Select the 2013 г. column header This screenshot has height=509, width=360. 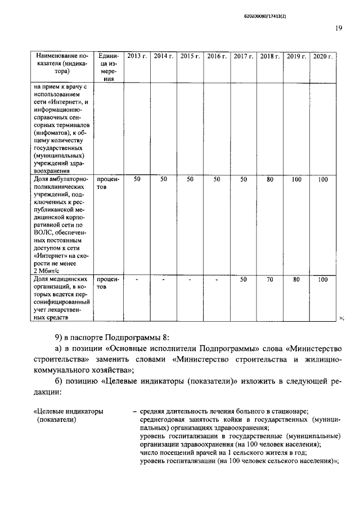[x=137, y=56]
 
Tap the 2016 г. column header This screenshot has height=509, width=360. [x=217, y=56]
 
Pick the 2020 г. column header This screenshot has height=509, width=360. [x=323, y=56]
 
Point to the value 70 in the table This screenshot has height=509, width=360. [x=270, y=279]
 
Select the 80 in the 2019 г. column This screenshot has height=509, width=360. [x=296, y=279]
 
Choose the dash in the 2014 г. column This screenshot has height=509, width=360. [x=163, y=279]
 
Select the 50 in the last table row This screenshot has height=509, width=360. [x=244, y=279]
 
